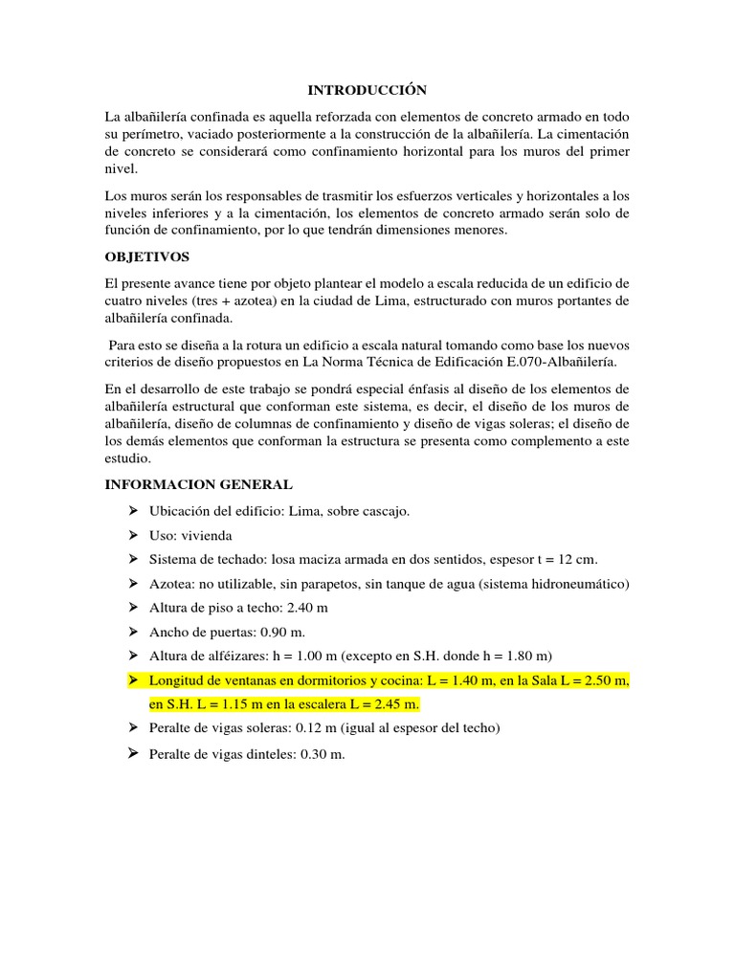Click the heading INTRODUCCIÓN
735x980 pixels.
pos(367,90)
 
